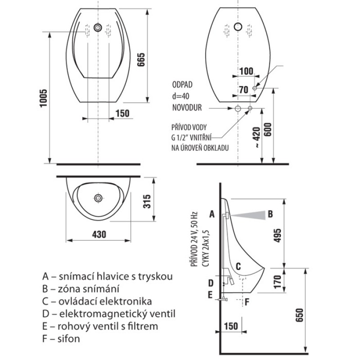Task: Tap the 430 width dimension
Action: coord(99,234)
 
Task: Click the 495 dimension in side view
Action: coord(278,235)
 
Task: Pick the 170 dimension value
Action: coord(278,281)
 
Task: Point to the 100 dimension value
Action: coord(246,72)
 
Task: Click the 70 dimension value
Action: coord(243,90)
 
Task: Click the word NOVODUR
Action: coord(186,108)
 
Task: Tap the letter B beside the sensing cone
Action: coord(270,214)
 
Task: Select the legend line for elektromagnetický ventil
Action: coord(108,314)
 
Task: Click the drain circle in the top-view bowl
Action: coord(98,198)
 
